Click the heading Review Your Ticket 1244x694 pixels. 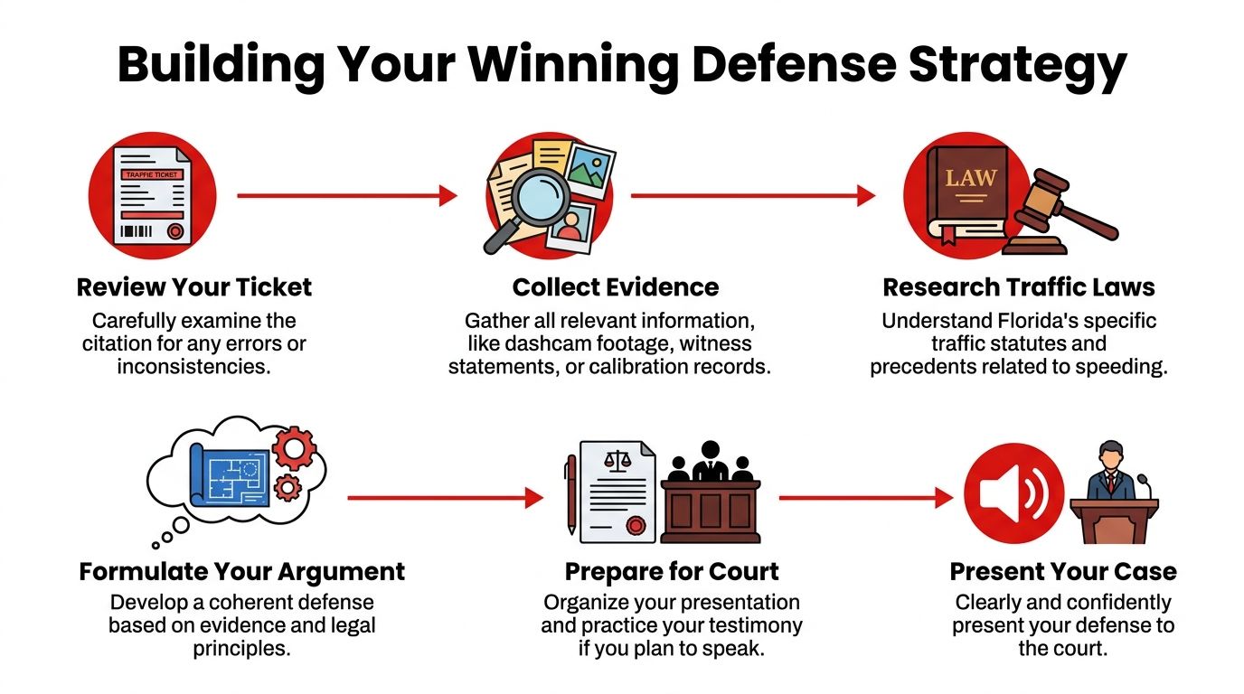coord(194,287)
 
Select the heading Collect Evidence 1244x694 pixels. coord(616,287)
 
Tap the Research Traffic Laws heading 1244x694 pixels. coord(1019,287)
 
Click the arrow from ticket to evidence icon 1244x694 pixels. coord(347,195)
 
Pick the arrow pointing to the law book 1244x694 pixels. coord(752,195)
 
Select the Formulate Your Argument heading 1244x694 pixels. coord(241,572)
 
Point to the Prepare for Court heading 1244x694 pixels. coord(672,572)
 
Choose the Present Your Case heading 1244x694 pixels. coord(1063,572)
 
